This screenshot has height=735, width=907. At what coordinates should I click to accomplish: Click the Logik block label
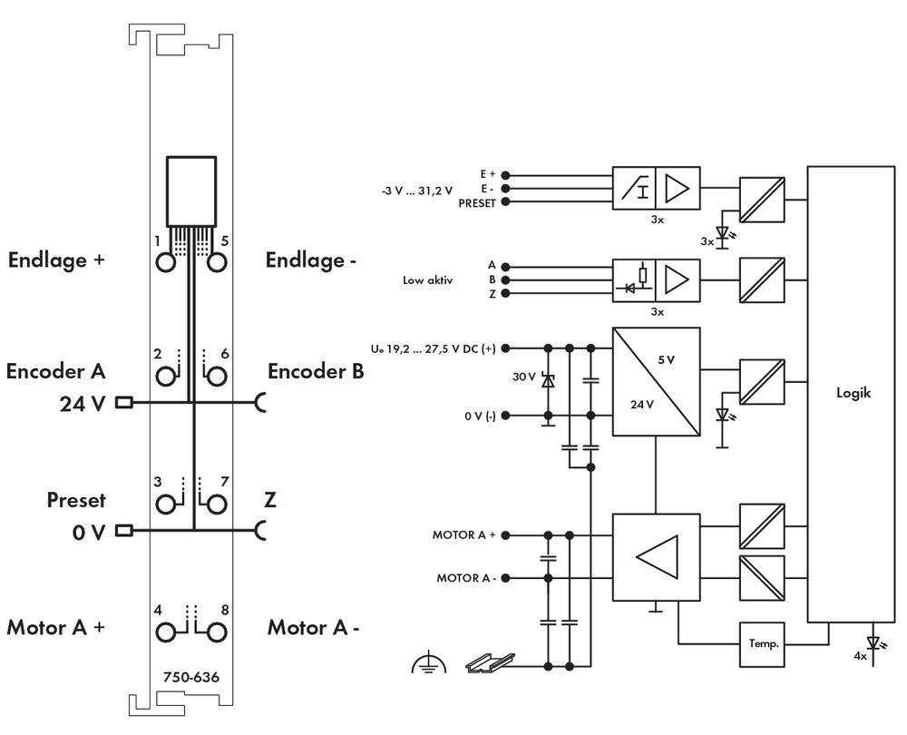pyautogui.click(x=853, y=394)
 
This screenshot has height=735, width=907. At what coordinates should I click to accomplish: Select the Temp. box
pyautogui.click(x=762, y=643)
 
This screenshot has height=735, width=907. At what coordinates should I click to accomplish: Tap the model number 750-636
pyautogui.click(x=190, y=677)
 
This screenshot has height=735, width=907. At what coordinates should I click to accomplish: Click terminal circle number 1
pyautogui.click(x=166, y=262)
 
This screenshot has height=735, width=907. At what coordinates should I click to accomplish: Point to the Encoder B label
pyautogui.click(x=316, y=371)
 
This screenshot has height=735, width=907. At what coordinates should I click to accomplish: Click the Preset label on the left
pyautogui.click(x=76, y=500)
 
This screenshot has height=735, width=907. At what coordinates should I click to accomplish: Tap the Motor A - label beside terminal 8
pyautogui.click(x=313, y=627)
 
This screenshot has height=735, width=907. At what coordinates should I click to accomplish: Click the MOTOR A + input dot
pyautogui.click(x=505, y=535)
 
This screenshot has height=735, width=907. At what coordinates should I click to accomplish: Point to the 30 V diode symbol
pyautogui.click(x=548, y=381)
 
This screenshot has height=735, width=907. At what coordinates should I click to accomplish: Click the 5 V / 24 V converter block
pyautogui.click(x=656, y=382)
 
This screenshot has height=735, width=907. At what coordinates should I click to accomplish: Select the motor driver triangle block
pyautogui.click(x=656, y=557)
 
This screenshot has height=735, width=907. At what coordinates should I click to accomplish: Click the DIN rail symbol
pyautogui.click(x=490, y=663)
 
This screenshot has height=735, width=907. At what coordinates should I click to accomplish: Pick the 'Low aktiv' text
pyautogui.click(x=427, y=280)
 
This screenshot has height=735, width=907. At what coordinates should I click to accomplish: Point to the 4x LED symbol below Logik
pyautogui.click(x=873, y=642)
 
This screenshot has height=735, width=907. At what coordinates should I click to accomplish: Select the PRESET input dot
pyautogui.click(x=505, y=202)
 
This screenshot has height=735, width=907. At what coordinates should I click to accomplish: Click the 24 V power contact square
pyautogui.click(x=123, y=402)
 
